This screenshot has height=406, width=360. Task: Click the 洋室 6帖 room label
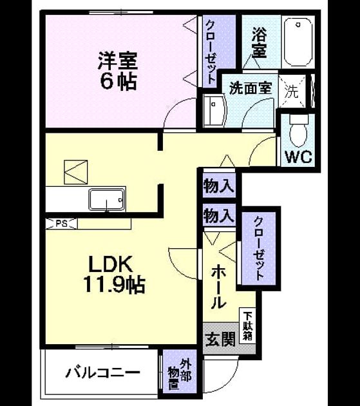[x=117, y=71]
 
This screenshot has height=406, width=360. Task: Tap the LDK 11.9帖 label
[x=114, y=275]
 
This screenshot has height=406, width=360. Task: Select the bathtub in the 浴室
[x=298, y=42]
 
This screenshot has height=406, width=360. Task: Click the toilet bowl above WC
[x=298, y=131]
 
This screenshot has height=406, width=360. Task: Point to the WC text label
[x=298, y=157]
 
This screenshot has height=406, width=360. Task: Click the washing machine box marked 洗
[x=292, y=92]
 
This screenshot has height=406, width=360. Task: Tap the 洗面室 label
[x=251, y=88]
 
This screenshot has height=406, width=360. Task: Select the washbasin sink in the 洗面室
[x=214, y=111]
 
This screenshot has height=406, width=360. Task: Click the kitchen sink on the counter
[x=107, y=199]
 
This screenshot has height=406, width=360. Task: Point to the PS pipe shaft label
[x=62, y=224]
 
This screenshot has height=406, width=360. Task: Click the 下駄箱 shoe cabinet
[x=247, y=326]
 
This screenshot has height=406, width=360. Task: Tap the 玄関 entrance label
[x=220, y=339]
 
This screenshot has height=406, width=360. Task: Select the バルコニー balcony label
[x=102, y=373]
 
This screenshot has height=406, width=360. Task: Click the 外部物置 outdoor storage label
[x=180, y=374]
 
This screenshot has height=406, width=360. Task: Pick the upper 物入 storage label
[x=219, y=186]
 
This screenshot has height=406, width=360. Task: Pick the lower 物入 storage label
[x=219, y=216]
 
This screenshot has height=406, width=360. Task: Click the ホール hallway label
[x=218, y=287]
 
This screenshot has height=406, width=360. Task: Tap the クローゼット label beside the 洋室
[x=211, y=52]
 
